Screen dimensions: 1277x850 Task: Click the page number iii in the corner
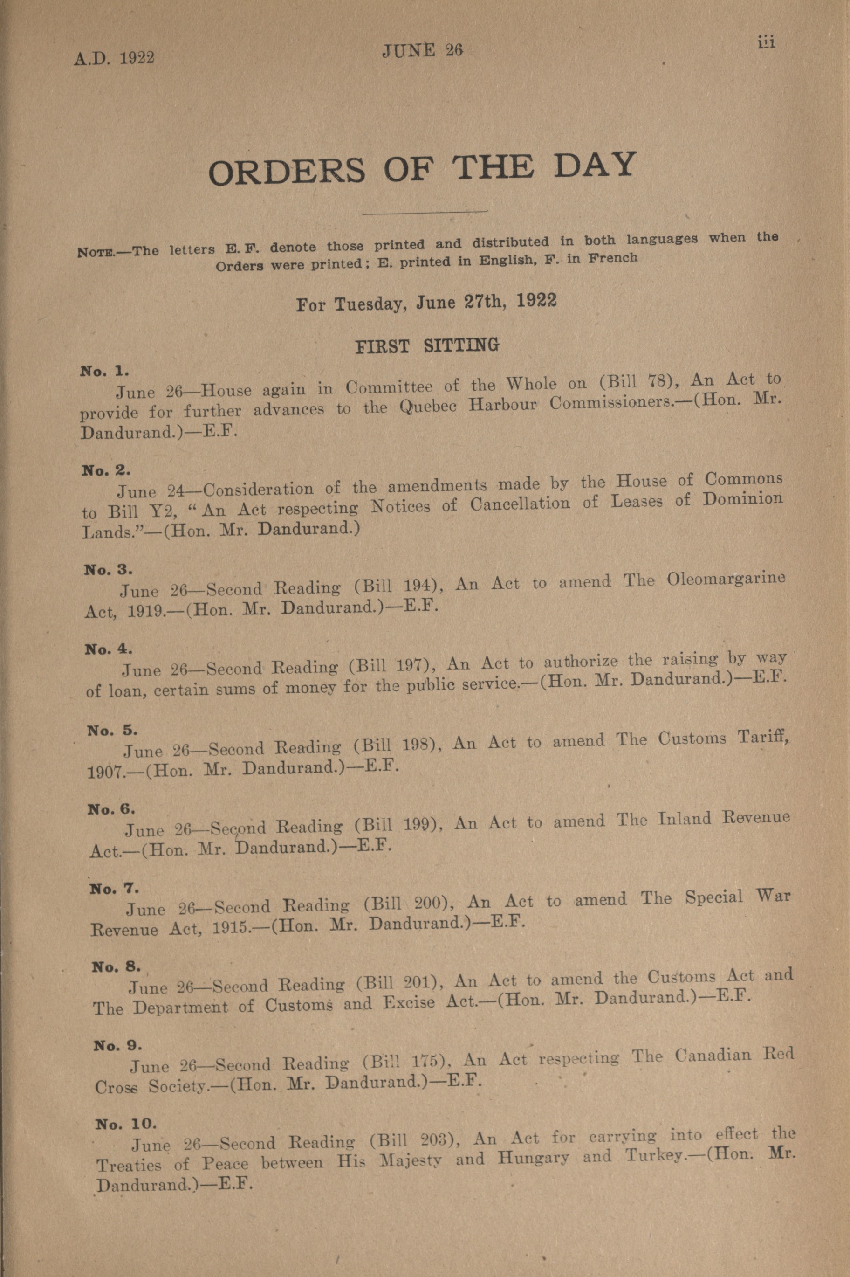[x=767, y=43]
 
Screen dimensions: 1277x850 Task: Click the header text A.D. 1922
[x=114, y=57]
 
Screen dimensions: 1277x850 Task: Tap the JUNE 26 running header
[x=422, y=50]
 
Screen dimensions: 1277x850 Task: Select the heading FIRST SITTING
[x=426, y=345]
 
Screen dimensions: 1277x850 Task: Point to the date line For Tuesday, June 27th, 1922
[x=426, y=302]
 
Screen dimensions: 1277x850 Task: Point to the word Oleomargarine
[x=726, y=579]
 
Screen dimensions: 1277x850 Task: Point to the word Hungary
[x=534, y=1158]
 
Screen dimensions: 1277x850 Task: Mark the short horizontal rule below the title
[x=425, y=213]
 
